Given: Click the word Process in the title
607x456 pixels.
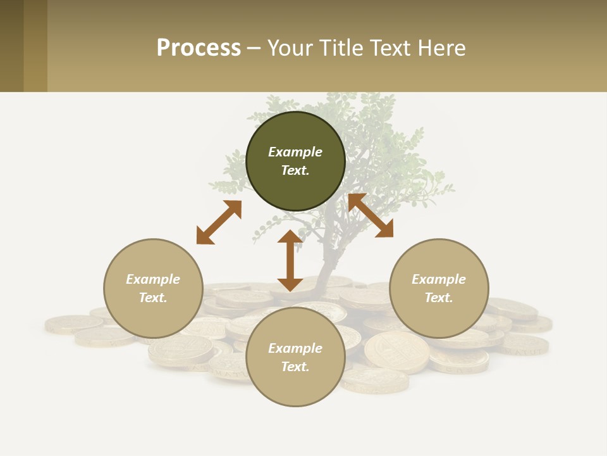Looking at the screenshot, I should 199,48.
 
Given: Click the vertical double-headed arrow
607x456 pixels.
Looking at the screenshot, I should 290,260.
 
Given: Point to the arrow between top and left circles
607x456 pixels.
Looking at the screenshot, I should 219,222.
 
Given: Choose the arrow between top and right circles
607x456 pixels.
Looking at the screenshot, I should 371,215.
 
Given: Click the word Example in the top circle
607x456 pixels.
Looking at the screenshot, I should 295,152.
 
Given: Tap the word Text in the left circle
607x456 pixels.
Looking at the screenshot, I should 152,298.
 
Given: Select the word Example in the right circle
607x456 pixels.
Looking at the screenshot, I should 439,279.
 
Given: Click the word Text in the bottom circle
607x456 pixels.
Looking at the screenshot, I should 295,367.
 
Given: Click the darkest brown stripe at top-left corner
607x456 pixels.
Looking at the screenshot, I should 11,46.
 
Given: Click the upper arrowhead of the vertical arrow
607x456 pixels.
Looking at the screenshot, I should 290,237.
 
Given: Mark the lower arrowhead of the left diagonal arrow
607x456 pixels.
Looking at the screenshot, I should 204,237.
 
